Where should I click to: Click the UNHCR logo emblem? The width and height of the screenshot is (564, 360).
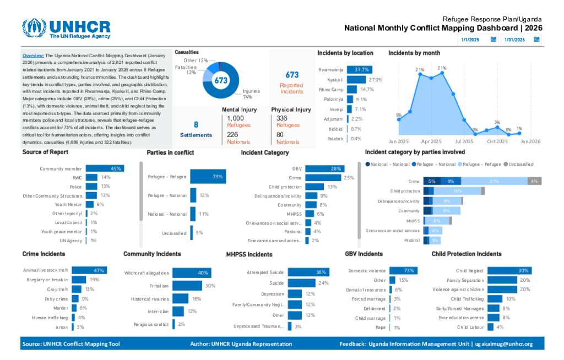34,29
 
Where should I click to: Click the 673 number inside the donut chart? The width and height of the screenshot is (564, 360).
221,80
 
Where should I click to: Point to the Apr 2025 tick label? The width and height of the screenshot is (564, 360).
432,141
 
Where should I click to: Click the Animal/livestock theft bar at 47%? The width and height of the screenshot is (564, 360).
89,270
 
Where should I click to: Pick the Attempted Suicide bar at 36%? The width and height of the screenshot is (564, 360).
308,272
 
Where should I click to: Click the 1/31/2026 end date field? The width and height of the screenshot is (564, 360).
514,40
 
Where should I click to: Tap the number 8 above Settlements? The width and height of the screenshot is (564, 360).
196,124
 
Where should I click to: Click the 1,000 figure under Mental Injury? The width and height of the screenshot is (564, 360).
235,118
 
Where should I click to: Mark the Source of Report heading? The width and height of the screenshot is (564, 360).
45,152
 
